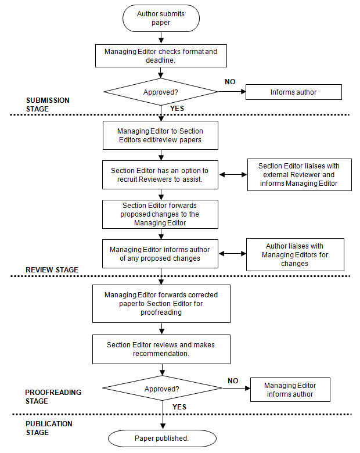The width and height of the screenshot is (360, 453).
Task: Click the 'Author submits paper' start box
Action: pos(161,18)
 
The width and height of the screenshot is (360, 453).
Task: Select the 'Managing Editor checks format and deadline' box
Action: pos(161,56)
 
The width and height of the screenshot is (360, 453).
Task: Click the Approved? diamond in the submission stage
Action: pos(161,92)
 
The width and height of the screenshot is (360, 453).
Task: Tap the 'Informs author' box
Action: pos(294,92)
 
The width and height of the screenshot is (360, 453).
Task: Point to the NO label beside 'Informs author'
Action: pos(230,82)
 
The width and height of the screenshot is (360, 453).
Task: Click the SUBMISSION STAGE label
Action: pos(48,105)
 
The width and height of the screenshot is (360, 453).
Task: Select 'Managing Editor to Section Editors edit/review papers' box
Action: pos(160,135)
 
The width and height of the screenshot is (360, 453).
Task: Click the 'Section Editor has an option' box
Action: pos(160,175)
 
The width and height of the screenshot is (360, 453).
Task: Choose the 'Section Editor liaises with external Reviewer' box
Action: pos(300,175)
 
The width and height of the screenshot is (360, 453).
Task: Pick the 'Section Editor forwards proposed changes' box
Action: pos(160,214)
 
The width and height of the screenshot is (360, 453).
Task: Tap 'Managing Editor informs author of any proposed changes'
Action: pos(160,254)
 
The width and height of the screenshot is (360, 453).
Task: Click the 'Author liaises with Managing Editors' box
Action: pos(295,254)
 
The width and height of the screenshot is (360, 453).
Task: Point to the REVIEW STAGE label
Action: pos(52,270)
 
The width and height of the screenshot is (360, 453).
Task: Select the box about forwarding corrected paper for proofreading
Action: pos(161,304)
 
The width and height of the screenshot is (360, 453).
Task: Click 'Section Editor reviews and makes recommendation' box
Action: pos(161,349)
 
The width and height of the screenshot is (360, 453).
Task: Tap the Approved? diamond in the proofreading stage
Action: pos(162,389)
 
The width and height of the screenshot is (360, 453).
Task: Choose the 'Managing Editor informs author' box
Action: pos(290,390)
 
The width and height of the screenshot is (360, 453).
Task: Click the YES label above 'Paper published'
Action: pos(179,407)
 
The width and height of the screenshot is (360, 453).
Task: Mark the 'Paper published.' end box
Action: pos(162,438)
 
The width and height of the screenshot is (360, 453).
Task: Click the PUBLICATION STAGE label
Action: pos(49,428)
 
